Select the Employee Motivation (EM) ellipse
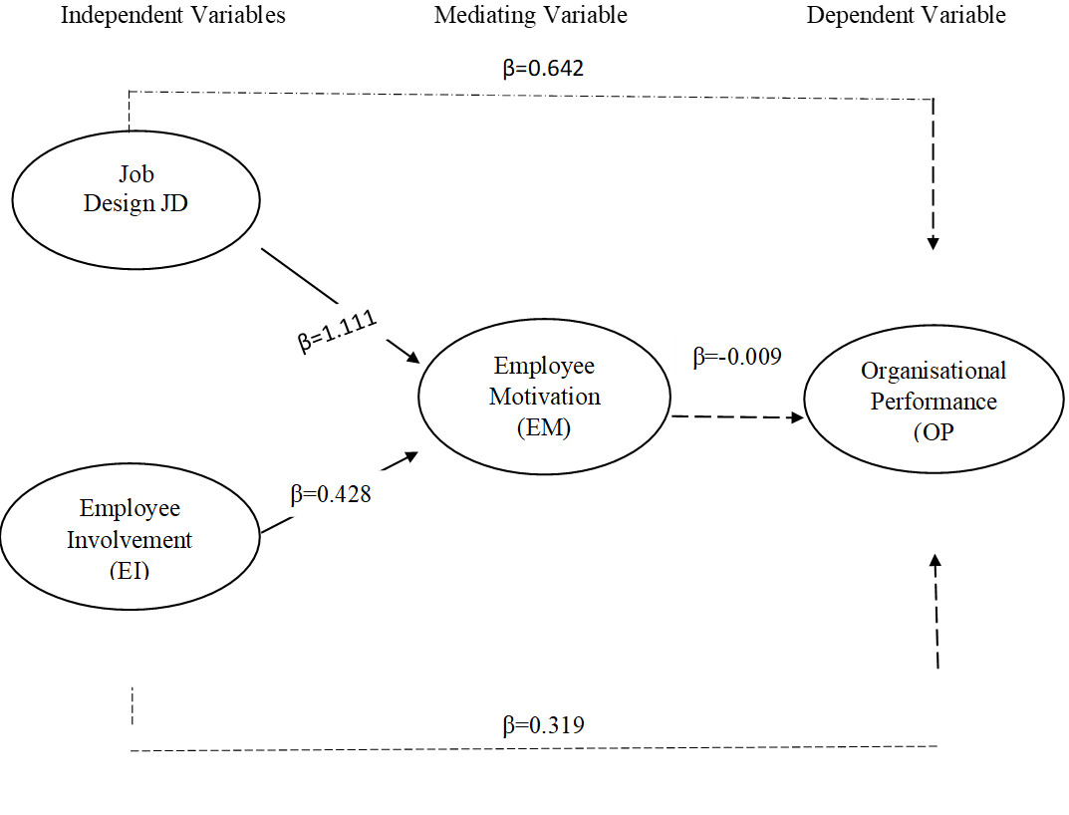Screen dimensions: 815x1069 point(544,397)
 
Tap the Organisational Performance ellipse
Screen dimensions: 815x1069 point(933,402)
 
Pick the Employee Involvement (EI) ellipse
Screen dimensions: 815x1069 point(130,538)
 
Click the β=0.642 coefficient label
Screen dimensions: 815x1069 point(542,69)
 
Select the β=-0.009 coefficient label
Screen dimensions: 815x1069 point(737,358)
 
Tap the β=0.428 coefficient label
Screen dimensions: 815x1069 point(331,494)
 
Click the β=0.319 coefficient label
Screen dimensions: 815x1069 point(543,724)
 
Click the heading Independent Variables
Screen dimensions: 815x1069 point(173,15)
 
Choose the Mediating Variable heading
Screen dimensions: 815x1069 point(531,15)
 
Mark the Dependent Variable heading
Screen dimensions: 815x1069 point(906,15)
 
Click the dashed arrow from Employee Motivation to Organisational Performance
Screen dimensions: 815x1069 point(737,417)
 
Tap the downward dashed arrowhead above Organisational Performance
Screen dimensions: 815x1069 point(934,241)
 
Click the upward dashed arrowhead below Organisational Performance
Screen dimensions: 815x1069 point(935,563)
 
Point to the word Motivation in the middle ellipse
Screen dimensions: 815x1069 point(544,397)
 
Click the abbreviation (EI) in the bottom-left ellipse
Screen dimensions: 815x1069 point(130,571)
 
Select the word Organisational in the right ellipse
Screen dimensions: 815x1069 point(934,372)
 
